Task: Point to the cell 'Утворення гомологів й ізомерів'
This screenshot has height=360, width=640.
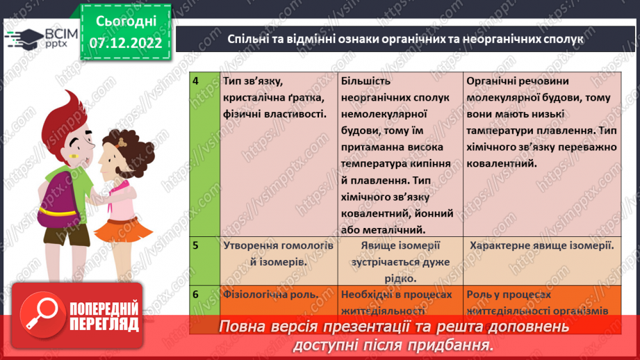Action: coord(279,254)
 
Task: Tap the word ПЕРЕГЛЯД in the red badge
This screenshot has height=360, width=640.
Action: coord(104,325)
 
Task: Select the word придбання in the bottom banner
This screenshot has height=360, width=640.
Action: coord(459,344)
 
